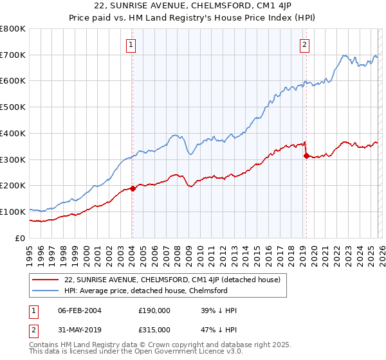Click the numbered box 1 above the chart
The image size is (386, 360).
click(131, 45)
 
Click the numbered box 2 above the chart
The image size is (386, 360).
click(304, 45)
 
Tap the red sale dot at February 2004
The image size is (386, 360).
click(133, 188)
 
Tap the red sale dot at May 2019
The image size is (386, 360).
click(306, 156)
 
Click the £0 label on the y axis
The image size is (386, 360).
click(20, 238)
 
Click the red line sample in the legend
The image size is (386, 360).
click(47, 280)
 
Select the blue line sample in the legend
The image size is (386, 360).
click(47, 291)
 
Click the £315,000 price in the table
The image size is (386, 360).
click(154, 329)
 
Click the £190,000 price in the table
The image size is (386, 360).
click(154, 311)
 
